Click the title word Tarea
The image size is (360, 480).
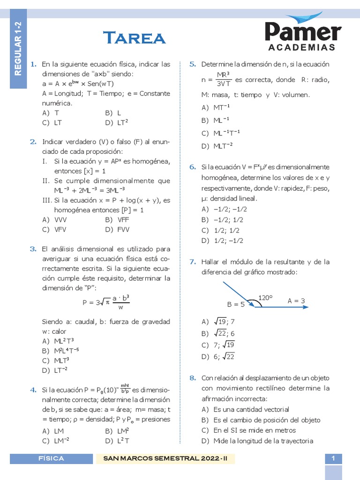134,37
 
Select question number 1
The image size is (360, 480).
33,64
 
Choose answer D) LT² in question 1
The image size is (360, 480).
117,123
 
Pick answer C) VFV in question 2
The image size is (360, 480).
52,230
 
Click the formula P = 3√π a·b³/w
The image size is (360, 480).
106,302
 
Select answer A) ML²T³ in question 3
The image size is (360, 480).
58,341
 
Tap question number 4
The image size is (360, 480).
33,390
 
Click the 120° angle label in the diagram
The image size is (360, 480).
266,298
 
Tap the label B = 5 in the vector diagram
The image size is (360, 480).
236,304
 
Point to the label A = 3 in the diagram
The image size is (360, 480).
296,300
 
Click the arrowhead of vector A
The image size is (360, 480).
306,307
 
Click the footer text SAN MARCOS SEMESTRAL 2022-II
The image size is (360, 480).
165,458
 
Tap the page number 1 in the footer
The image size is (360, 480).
333,458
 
